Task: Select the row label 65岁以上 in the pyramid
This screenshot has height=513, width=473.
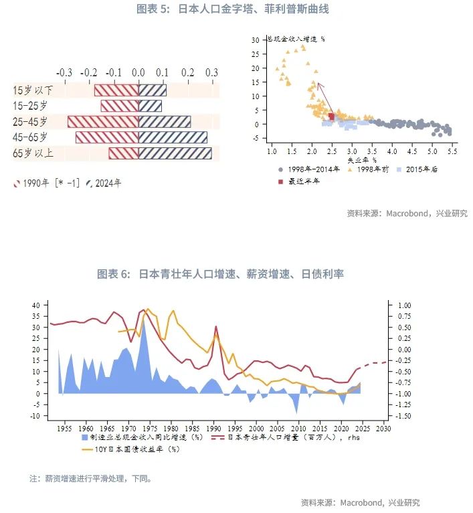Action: coord(34,153)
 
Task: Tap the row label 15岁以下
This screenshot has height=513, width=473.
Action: coord(34,90)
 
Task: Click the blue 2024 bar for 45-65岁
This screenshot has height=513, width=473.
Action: coord(173,137)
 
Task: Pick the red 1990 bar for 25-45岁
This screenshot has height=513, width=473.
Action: coord(103,122)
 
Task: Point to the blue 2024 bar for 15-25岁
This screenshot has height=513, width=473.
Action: coord(150,106)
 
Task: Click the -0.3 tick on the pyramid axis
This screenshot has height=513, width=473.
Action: coord(64,72)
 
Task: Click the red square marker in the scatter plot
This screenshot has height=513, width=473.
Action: coord(332,117)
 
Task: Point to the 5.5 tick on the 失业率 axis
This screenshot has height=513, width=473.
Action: coord(452,151)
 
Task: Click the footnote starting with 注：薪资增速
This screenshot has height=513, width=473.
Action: coord(90,479)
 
